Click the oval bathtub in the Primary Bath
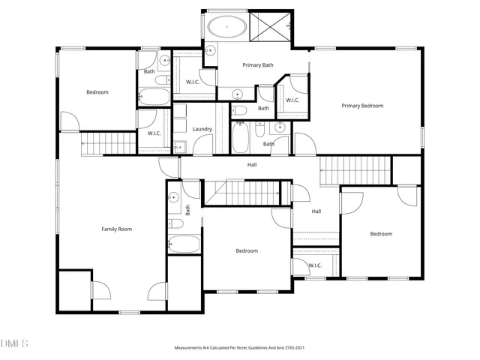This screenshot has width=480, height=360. pyautogui.click(x=226, y=28)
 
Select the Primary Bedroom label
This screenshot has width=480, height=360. pyautogui.click(x=362, y=106)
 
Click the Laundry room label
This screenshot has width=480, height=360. pyautogui.click(x=202, y=129)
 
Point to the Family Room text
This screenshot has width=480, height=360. pyautogui.click(x=116, y=229)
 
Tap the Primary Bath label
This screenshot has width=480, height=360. pyautogui.click(x=257, y=65)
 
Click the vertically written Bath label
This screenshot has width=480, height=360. pyautogui.click(x=188, y=211)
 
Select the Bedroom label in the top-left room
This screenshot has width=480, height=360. pyautogui.click(x=97, y=92)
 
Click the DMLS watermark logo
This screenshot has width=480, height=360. pyautogui.click(x=14, y=343)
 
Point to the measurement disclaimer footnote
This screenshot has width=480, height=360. pyautogui.click(x=239, y=348)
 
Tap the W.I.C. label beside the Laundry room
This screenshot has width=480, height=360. pyautogui.click(x=154, y=133)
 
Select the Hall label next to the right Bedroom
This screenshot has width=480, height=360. pyautogui.click(x=316, y=211)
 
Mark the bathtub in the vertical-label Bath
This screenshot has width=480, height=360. pyautogui.click(x=184, y=244)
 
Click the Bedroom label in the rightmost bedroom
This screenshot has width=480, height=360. pyautogui.click(x=380, y=234)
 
